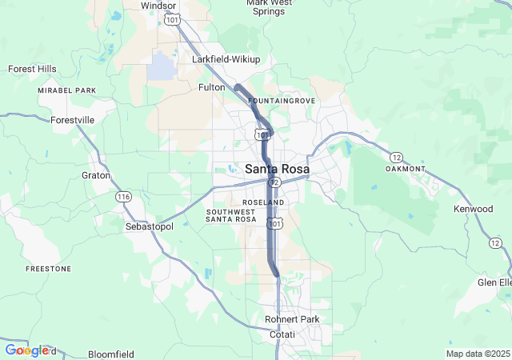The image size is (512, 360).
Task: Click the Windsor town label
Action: point(158,5)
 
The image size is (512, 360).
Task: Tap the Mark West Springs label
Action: point(268,7)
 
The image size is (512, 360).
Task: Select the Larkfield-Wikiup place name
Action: point(226,59)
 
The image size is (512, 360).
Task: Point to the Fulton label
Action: point(212,86)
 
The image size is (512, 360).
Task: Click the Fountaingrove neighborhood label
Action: point(282,101)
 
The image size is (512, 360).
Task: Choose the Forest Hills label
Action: point(33,69)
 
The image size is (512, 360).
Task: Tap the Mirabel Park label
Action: point(66,91)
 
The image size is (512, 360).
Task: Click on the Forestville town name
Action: point(72,120)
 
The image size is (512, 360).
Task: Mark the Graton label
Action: point(95,175)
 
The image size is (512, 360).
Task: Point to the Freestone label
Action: point(48,269)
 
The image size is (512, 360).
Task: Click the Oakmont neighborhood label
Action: point(404,169)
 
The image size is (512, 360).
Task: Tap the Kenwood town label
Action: point(473,209)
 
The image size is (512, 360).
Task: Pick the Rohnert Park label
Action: point(292,319)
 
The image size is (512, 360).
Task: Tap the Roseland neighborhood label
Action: point(264,202)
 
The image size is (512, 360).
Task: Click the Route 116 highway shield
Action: point(123,197)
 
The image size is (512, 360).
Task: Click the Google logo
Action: point(27,350)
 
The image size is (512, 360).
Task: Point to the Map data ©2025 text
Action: point(477,354)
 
